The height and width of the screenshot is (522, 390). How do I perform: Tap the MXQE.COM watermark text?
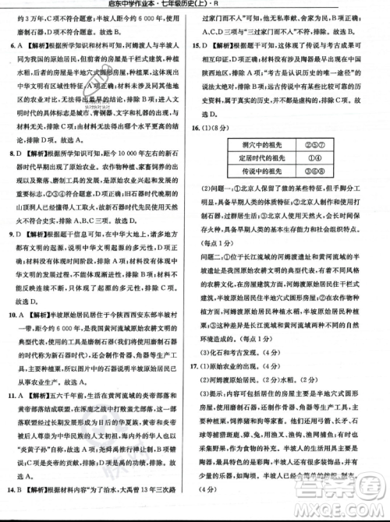344,510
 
